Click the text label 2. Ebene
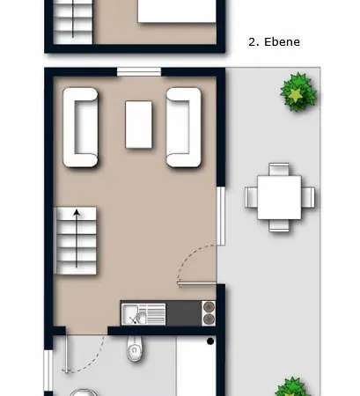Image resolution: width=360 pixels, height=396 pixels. click(x=274, y=42)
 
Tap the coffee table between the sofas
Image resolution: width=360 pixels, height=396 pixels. click(x=139, y=124)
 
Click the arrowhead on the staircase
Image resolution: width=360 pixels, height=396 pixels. click(x=77, y=213)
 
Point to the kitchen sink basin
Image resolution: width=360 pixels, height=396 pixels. click(x=131, y=314)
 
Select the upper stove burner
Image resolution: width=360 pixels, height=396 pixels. click(x=209, y=307)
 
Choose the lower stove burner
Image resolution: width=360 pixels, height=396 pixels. click(x=209, y=319)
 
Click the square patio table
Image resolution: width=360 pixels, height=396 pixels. click(x=279, y=197)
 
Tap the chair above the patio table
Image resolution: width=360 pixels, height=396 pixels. click(x=279, y=169)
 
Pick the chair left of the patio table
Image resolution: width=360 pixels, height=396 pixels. click(x=251, y=197)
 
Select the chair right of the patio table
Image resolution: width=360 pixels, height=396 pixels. click(x=308, y=197)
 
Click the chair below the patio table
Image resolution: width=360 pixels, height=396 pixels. click(x=279, y=225)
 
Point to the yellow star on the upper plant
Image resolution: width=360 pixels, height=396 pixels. click(x=296, y=94)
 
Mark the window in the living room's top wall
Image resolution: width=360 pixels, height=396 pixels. click(x=139, y=71)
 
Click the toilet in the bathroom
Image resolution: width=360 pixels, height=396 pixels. click(x=135, y=348)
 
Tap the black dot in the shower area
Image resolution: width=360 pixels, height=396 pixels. click(x=210, y=341)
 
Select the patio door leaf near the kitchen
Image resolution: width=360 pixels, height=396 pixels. click(x=197, y=283)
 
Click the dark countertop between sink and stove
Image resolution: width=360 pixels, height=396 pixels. click(x=184, y=313)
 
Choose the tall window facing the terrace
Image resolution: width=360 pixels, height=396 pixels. click(x=221, y=216)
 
